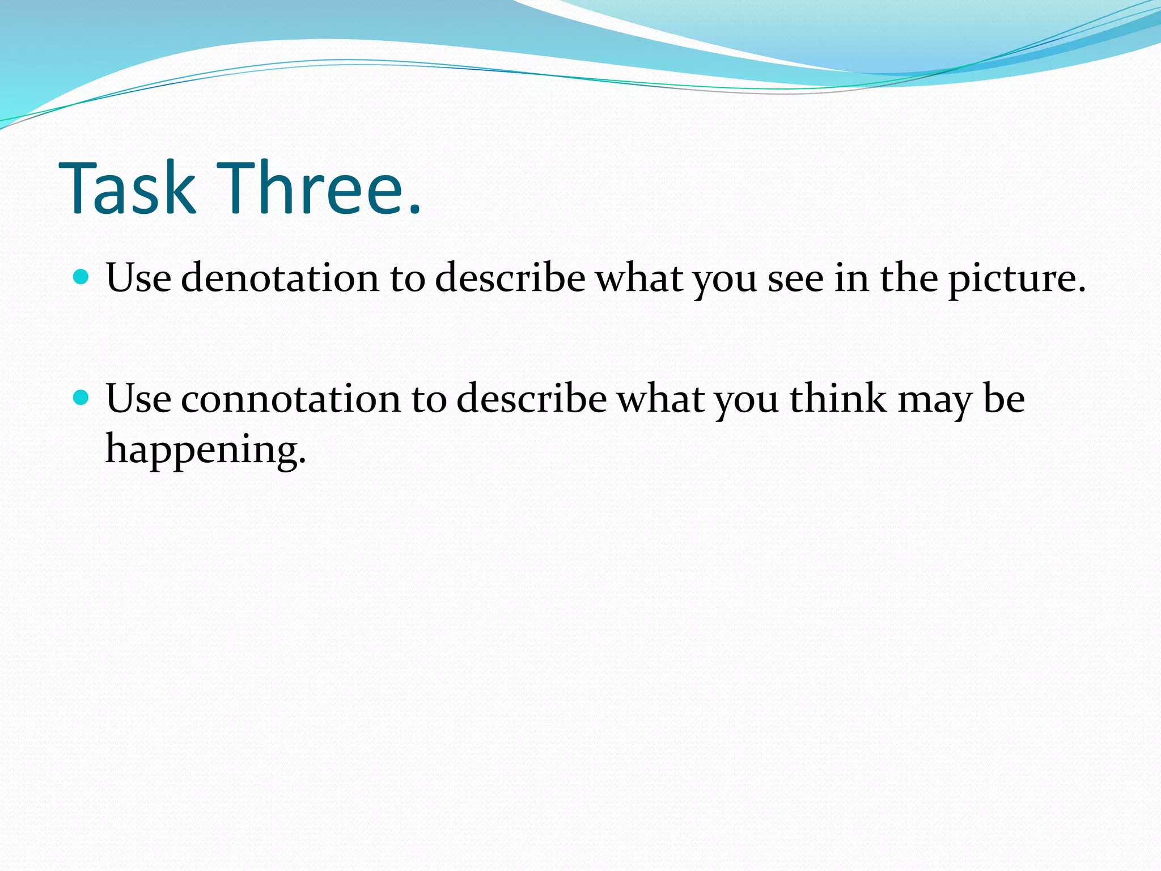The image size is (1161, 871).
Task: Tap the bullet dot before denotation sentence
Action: click(x=82, y=277)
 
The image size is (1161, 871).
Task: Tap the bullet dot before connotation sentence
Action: click(x=82, y=398)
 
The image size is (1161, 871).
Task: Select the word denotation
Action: click(x=280, y=278)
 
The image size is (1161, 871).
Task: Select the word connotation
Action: click(x=291, y=399)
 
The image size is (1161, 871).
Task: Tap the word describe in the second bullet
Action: click(x=532, y=399)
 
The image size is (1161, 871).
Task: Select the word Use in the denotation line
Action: click(x=138, y=278)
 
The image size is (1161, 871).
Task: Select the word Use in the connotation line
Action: click(x=138, y=399)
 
